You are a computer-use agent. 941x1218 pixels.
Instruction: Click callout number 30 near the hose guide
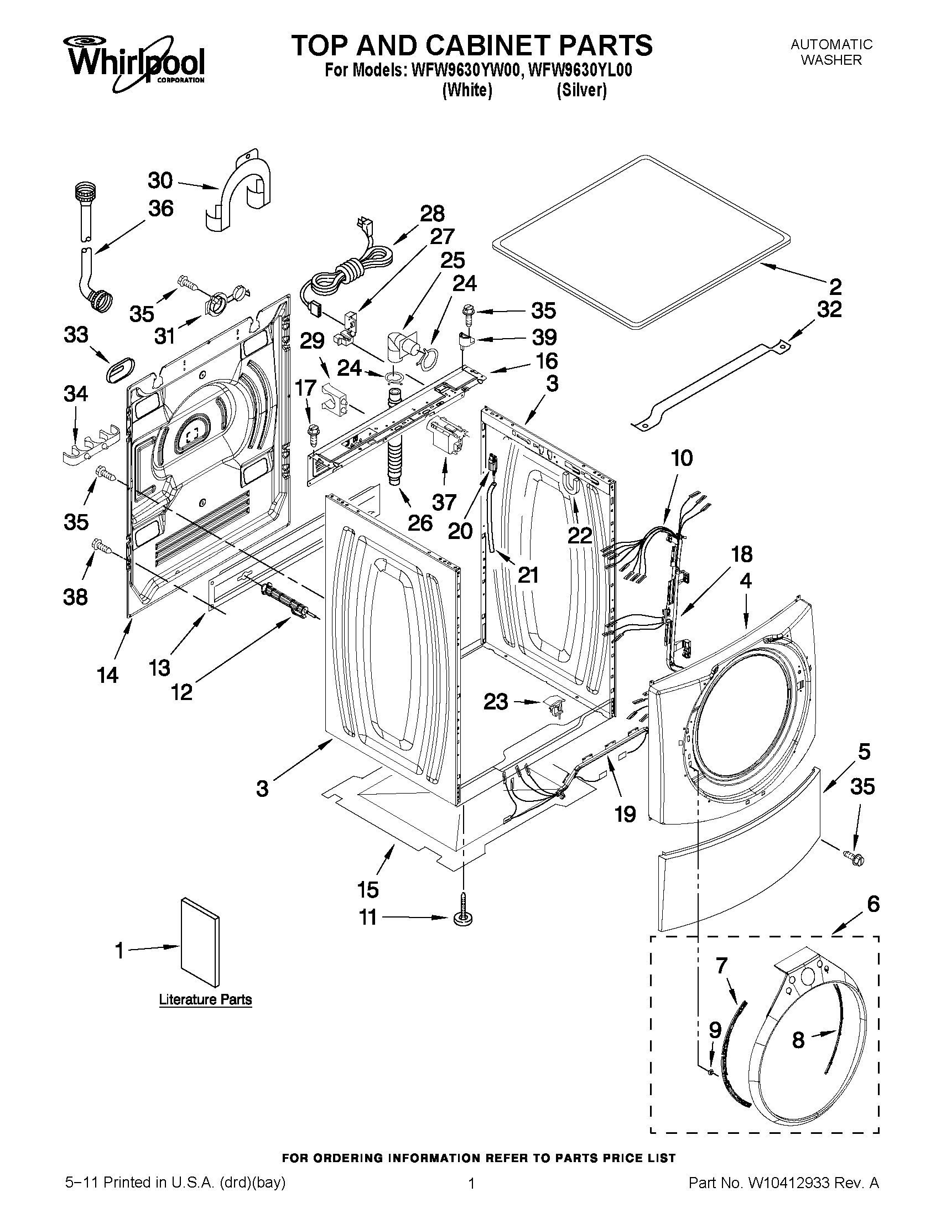pyautogui.click(x=160, y=181)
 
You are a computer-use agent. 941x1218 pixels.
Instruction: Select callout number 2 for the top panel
pyautogui.click(x=835, y=287)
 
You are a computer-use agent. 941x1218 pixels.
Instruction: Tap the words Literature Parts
pyautogui.click(x=205, y=1000)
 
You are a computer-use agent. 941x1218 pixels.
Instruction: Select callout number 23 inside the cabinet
pyautogui.click(x=496, y=702)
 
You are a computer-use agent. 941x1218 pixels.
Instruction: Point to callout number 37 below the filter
pyautogui.click(x=444, y=502)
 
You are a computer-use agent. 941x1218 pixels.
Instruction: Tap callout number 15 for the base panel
pyautogui.click(x=368, y=889)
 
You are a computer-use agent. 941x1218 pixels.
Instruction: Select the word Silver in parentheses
pyautogui.click(x=581, y=90)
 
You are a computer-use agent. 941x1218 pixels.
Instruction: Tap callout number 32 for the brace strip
pyautogui.click(x=829, y=309)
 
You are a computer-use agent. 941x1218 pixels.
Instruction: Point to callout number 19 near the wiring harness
pyautogui.click(x=626, y=814)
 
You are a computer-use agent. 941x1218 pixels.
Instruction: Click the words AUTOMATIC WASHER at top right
pyautogui.click(x=831, y=52)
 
